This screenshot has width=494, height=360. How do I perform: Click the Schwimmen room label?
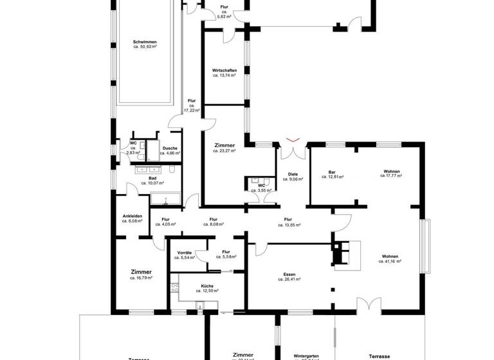pyautogui.click(x=145, y=42)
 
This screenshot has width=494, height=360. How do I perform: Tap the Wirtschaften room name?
pyautogui.click(x=224, y=70)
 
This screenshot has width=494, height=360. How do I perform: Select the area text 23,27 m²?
pyautogui.click(x=224, y=151)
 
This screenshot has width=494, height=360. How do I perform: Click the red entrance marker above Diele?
pyautogui.click(x=293, y=140)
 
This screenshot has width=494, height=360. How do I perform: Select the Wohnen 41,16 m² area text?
pyautogui.click(x=390, y=262)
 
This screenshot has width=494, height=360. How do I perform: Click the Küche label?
pyautogui.click(x=206, y=285)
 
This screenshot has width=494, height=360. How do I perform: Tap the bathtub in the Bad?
pyautogui.click(x=167, y=199)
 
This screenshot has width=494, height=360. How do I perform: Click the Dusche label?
pyautogui.click(x=170, y=148)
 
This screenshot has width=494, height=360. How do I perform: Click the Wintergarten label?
pyautogui.click(x=305, y=355)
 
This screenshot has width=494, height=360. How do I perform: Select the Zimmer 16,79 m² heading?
pyautogui.click(x=141, y=272)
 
